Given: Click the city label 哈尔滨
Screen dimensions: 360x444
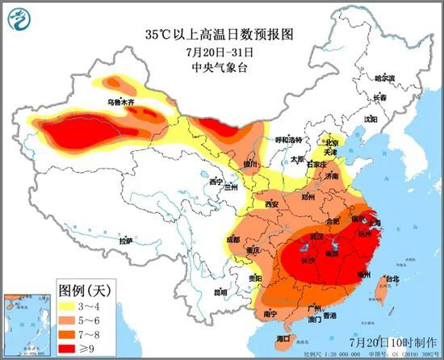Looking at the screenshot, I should click(385, 78).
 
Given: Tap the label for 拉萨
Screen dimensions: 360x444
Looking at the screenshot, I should click(125, 241).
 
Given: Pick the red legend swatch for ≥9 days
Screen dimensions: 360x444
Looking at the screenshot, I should click(69, 347).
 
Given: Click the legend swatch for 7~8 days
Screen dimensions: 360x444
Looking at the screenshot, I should click(69, 333).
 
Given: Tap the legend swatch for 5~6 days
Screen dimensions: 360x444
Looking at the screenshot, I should click(69, 320).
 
